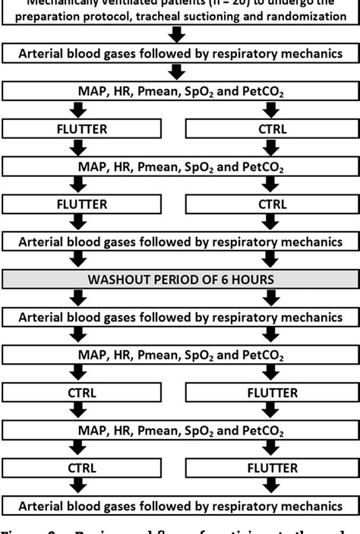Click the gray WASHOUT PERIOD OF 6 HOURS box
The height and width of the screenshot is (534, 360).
tap(180, 279)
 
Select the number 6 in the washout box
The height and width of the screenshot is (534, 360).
tap(225, 279)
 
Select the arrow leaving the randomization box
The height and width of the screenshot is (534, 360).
tap(178, 34)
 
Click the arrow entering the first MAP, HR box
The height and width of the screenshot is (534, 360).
tap(178, 72)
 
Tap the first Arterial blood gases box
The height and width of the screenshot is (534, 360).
tap(180, 53)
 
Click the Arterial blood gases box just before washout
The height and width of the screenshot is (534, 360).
tap(180, 242)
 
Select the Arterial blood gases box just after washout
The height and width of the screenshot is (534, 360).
tap(180, 317)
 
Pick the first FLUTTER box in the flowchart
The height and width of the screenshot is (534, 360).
tap(83, 128)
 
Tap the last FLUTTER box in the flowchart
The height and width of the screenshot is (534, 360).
tap(273, 468)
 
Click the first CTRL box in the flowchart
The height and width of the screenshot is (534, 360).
tap(273, 128)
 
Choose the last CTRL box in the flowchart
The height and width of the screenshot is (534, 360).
tap(83, 468)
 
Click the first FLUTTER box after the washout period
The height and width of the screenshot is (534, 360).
tap(273, 393)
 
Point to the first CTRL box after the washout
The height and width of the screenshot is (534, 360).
tap(83, 393)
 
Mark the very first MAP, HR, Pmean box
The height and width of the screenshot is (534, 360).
tap(180, 91)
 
